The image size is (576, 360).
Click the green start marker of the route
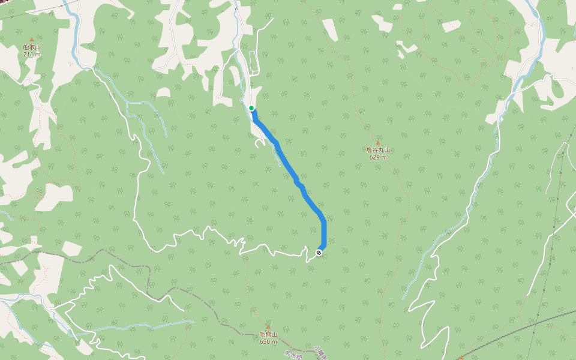coord(251,108)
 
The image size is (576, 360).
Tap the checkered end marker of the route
coord(319,253)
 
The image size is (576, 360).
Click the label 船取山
coord(32,47)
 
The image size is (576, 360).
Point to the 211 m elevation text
coord(32,54)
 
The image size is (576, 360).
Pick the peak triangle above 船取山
coord(32,40)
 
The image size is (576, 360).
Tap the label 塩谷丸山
coord(378,150)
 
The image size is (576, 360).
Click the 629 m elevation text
coord(378,157)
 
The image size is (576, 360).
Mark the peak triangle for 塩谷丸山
coord(378,143)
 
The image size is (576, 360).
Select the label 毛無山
coord(268,334)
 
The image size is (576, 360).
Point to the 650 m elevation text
coord(268,341)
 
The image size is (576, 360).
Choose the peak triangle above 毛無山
coord(268,327)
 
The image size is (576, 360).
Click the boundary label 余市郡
coord(294,355)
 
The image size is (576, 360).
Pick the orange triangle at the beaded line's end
coord(461,358)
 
